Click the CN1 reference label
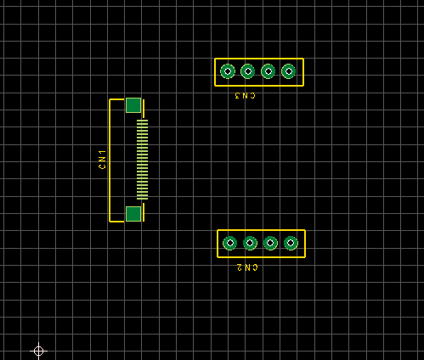click(x=102, y=160)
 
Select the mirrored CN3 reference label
click(x=245, y=96)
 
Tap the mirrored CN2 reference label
click(x=247, y=267)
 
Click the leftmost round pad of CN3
click(x=228, y=71)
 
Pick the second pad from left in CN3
click(x=248, y=71)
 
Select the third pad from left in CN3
click(x=269, y=71)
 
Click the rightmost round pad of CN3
click(x=289, y=71)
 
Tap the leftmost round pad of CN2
click(x=229, y=243)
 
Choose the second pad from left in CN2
click(x=250, y=243)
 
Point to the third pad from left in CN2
click(x=270, y=243)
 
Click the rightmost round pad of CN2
click(x=291, y=243)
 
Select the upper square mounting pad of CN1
click(x=133, y=105)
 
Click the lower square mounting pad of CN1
click(x=133, y=214)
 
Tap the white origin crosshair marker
click(x=38, y=351)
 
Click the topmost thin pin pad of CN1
click(x=142, y=121)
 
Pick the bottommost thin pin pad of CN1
click(x=142, y=199)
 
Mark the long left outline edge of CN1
click(x=110, y=160)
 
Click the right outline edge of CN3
click(x=303, y=72)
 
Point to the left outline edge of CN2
click(x=218, y=244)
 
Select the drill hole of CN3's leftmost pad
click(x=228, y=71)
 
